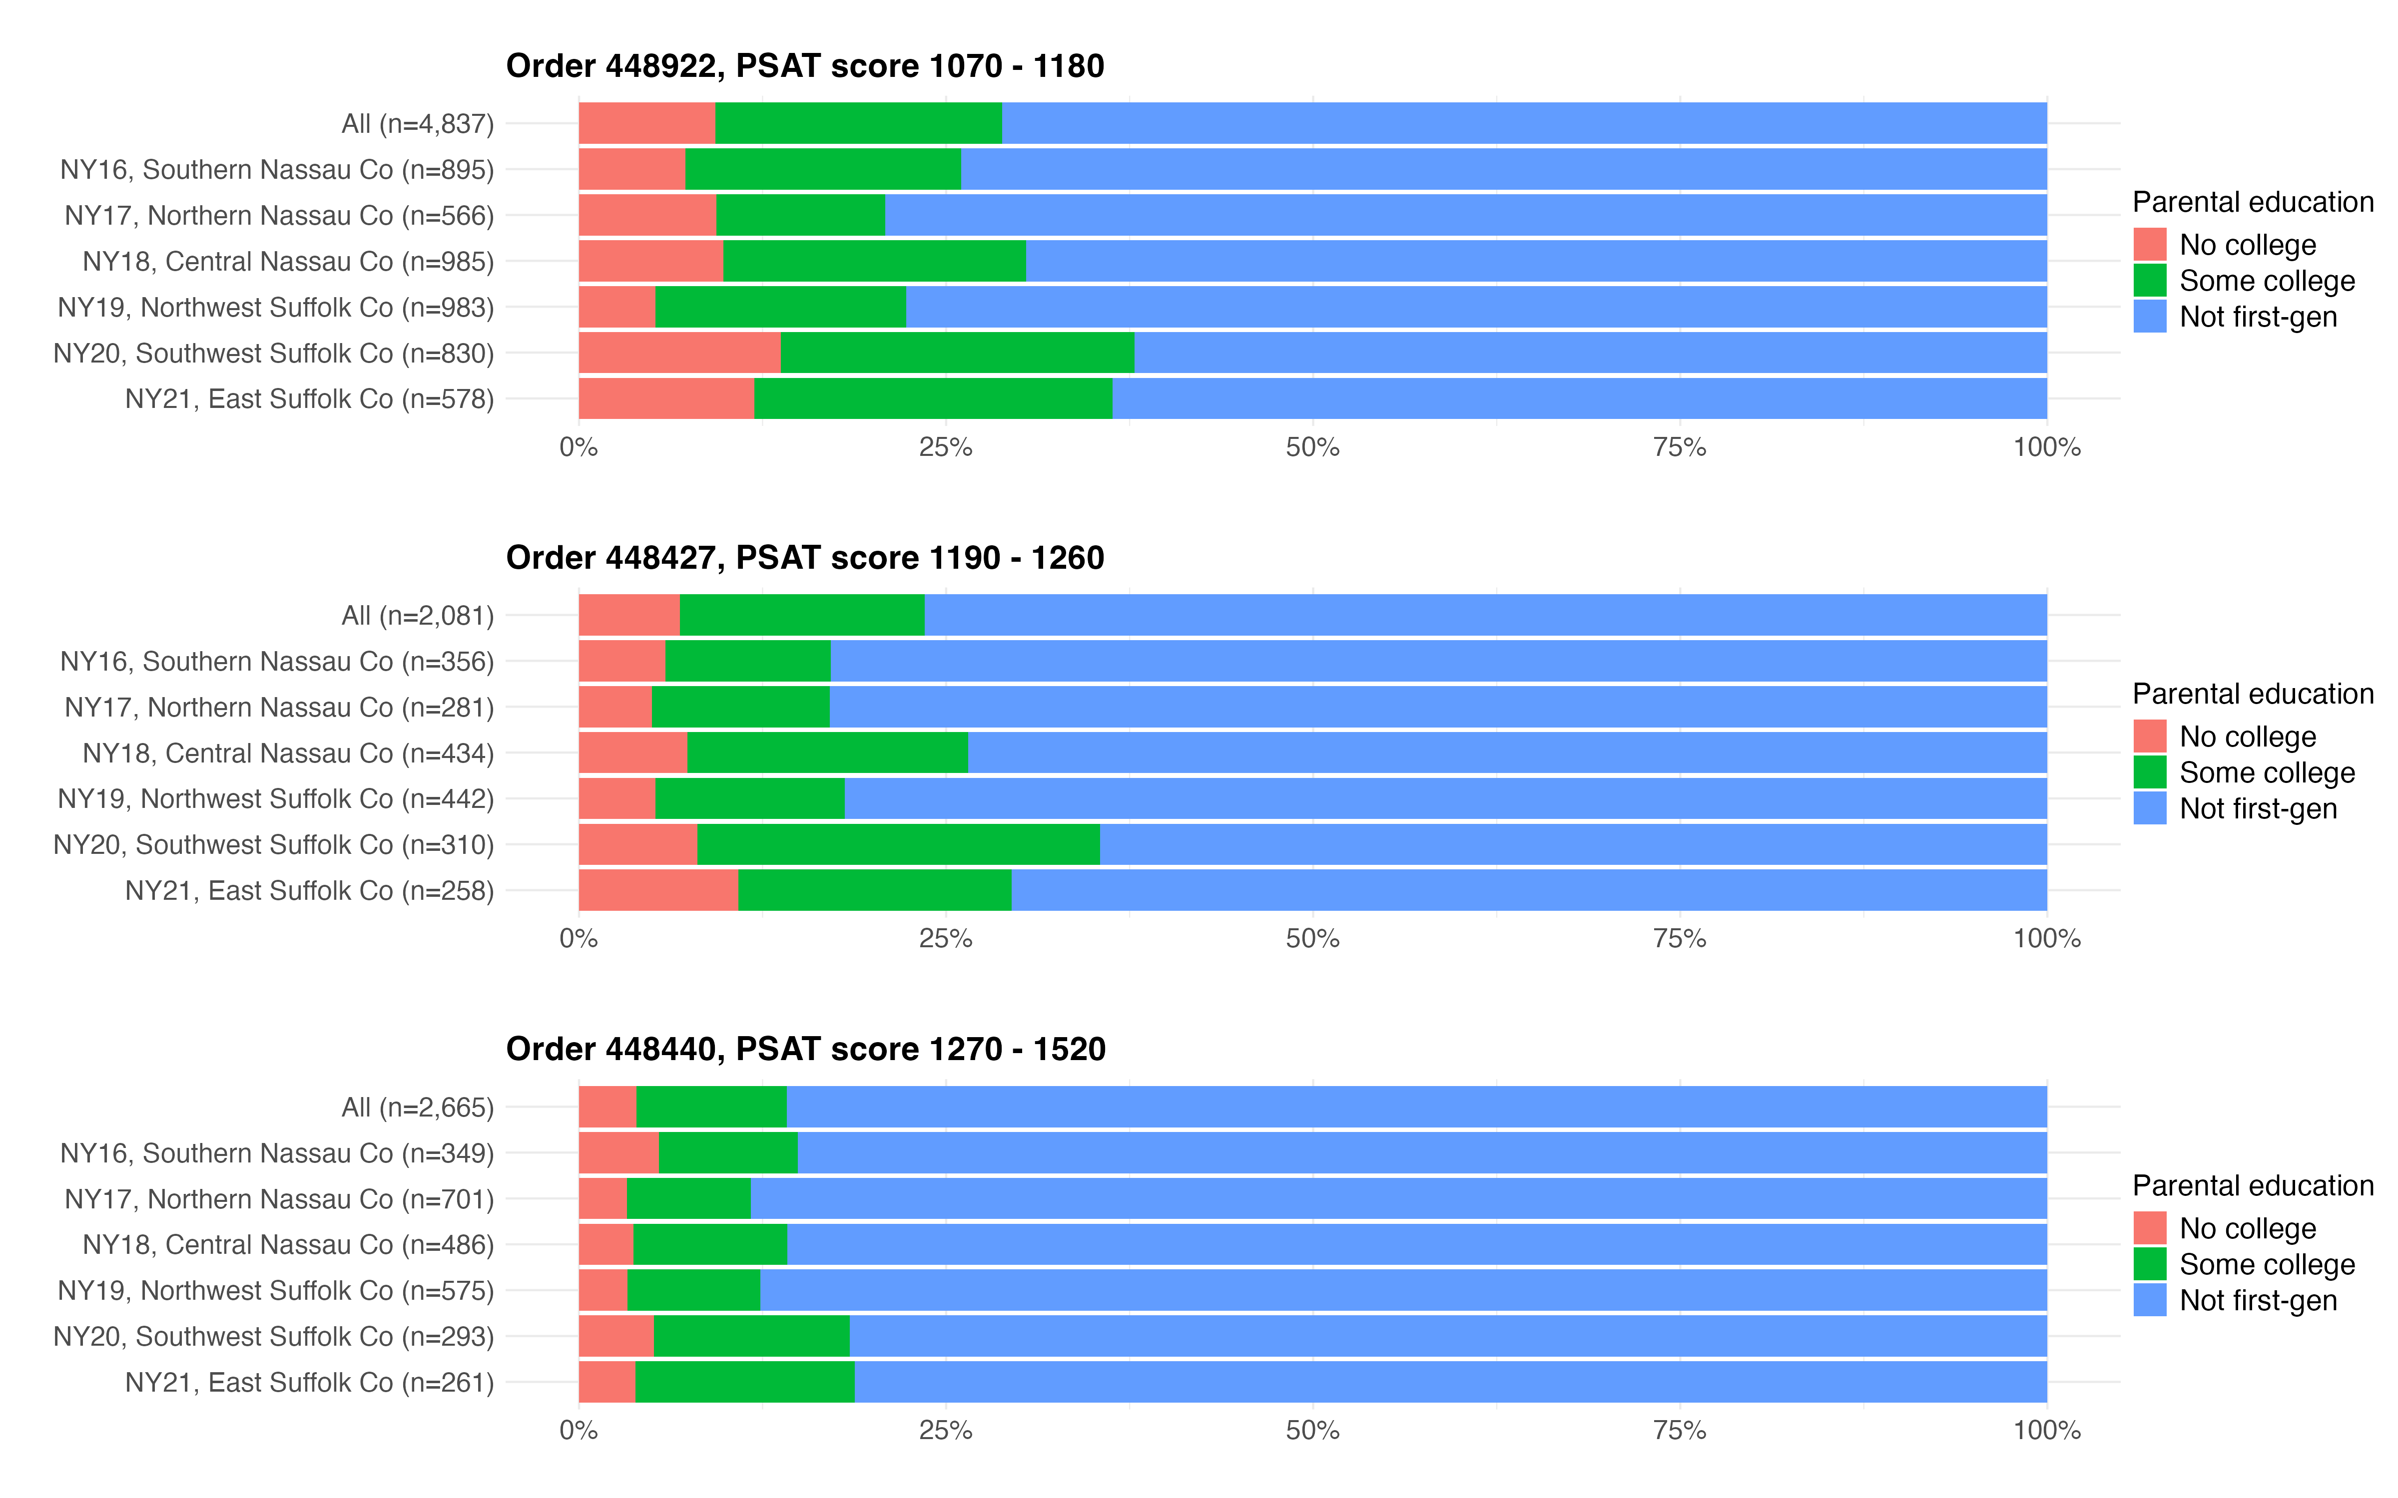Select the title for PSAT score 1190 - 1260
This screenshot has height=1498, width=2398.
[x=805, y=558]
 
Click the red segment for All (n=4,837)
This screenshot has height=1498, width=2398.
[x=646, y=123]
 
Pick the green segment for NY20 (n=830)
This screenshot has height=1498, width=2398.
[x=957, y=353]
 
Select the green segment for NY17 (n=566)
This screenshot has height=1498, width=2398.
[x=801, y=215]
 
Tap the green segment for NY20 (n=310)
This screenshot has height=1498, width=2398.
[x=898, y=844]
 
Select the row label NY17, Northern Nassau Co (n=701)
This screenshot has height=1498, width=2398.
[x=278, y=1199]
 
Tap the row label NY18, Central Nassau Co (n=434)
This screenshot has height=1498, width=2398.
[x=287, y=753]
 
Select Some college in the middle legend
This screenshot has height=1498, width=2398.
[x=2266, y=773]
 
